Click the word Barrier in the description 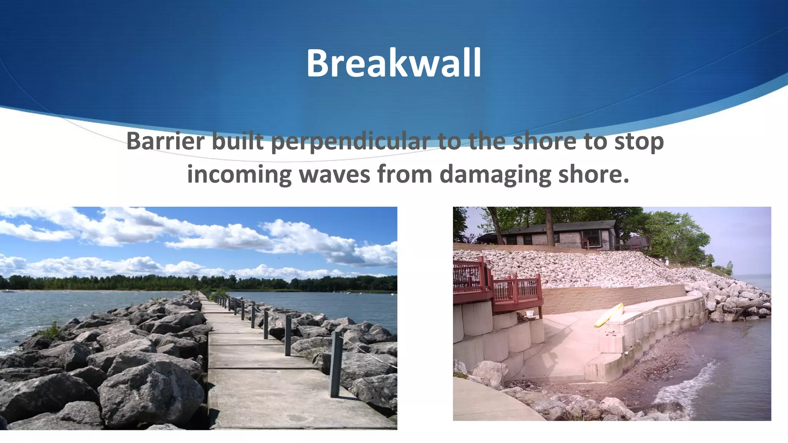167,141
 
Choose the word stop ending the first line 639,142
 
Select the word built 238,141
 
